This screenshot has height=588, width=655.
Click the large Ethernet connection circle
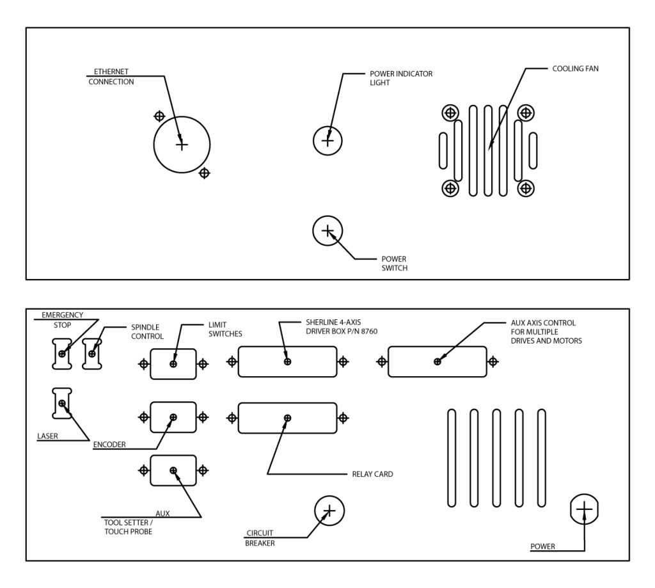pos(182,145)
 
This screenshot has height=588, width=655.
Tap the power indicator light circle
pos(327,139)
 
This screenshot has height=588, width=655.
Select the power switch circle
pos(327,231)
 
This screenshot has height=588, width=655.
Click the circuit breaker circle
pos(329,511)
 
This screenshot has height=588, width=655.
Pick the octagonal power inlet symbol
pos(584,509)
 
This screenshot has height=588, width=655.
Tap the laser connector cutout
pos(61,403)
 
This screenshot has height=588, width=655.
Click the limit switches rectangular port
pos(173,364)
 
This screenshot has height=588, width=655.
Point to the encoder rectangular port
pos(173,417)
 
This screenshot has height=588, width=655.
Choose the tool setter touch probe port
pos(173,471)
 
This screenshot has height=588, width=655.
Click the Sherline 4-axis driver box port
pos(287,362)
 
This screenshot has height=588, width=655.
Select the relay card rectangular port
pos(287,418)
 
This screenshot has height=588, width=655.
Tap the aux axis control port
pos(437,362)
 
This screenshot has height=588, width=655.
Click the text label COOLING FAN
pos(575,68)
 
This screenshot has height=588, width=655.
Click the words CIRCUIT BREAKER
pos(260,538)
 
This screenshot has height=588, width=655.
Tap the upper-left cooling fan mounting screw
pos(450,113)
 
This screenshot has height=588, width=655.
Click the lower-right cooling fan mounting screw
pos(525,188)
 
